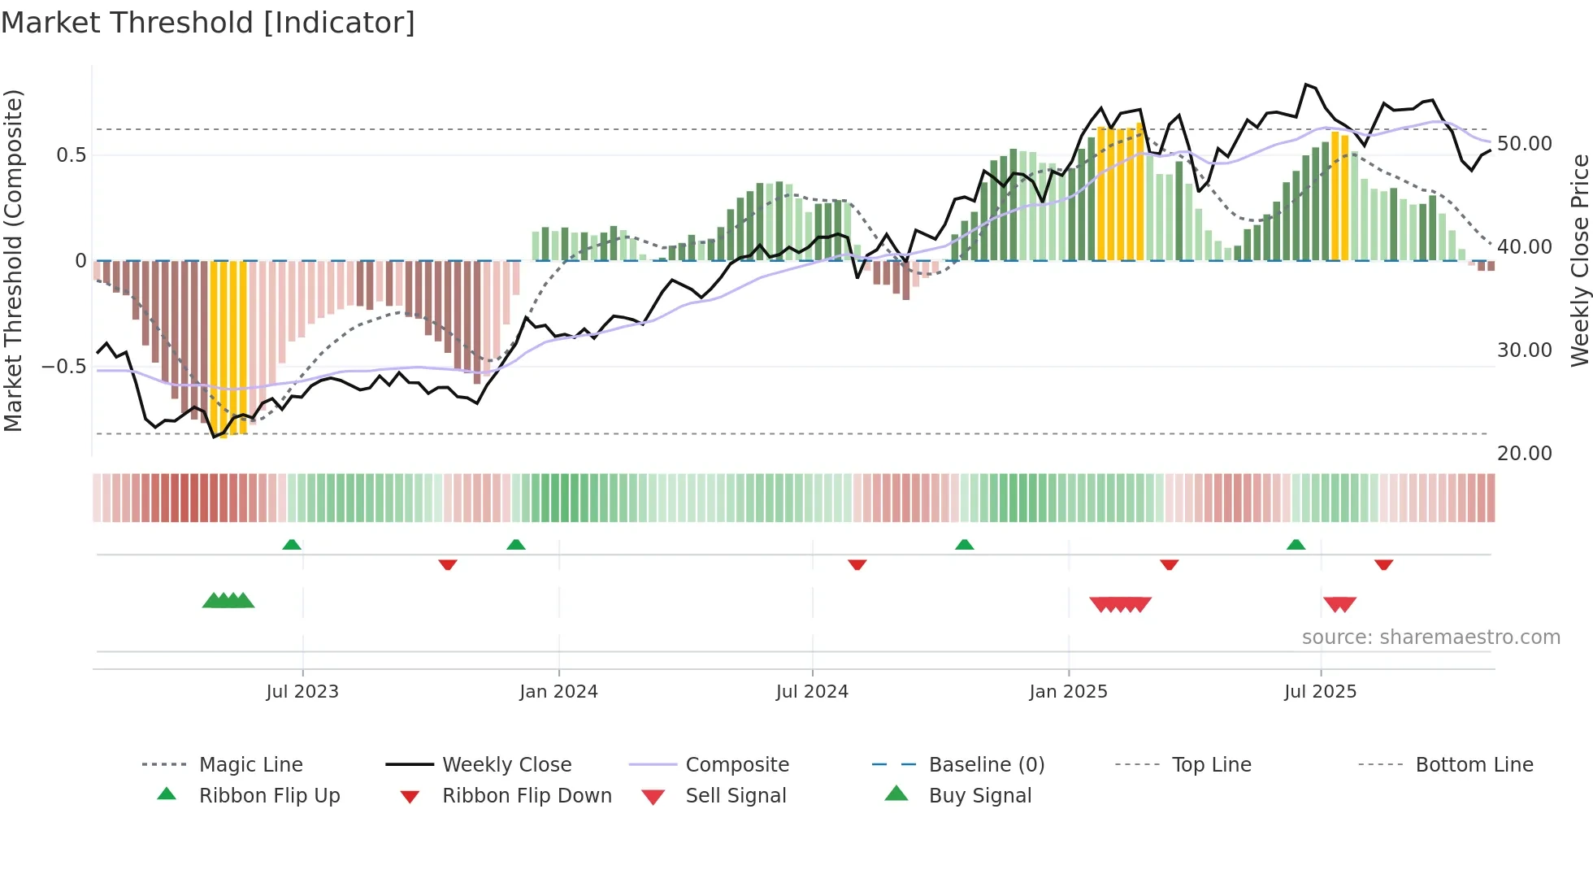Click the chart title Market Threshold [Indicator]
tap(208, 23)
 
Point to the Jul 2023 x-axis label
tap(302, 692)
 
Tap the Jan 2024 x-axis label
tap(558, 692)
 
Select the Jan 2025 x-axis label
tap(1068, 692)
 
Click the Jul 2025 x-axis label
tap(1320, 692)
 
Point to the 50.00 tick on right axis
tap(1524, 144)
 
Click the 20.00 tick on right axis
tap(1524, 454)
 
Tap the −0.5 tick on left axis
tap(64, 367)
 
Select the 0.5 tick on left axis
tap(71, 155)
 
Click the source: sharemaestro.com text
tap(1430, 637)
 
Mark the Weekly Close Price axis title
tap(1579, 260)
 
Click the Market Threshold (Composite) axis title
tap(13, 260)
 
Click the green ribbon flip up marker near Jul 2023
tap(292, 545)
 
